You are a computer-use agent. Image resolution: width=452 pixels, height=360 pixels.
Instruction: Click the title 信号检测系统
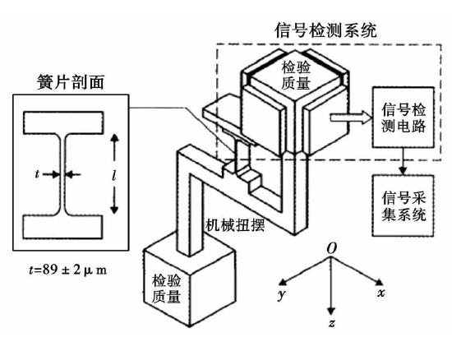click(325, 30)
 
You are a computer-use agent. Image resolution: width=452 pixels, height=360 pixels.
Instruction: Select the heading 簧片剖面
click(71, 82)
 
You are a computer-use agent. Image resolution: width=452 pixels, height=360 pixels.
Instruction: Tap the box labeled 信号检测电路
click(404, 118)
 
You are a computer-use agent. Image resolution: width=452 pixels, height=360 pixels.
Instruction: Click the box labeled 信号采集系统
click(404, 205)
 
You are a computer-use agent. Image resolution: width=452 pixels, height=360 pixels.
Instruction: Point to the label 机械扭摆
click(235, 225)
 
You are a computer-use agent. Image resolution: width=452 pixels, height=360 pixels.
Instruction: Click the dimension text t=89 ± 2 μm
click(68, 270)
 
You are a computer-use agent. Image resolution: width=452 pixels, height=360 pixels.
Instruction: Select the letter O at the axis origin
click(332, 248)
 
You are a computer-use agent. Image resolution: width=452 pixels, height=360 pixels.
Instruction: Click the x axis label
click(381, 293)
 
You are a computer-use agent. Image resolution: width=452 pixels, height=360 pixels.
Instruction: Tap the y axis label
click(282, 294)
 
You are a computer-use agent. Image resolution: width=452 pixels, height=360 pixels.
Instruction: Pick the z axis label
click(332, 323)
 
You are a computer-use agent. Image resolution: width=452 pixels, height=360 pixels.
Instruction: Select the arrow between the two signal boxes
click(403, 161)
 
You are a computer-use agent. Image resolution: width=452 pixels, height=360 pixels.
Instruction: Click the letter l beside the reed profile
click(114, 174)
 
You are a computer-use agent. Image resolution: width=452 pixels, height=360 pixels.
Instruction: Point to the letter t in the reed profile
click(37, 174)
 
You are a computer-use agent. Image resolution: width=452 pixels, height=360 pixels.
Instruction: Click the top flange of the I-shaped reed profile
click(63, 122)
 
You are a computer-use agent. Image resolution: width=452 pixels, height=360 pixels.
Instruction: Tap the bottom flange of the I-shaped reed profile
click(62, 227)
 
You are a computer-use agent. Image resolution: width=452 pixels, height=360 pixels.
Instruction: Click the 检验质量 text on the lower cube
click(166, 288)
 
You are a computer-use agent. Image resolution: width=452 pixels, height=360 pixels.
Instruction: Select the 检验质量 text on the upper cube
click(296, 76)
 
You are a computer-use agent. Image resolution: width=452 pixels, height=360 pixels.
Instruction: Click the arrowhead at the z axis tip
click(331, 312)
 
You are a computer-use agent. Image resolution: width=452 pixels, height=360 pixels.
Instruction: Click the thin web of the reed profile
click(62, 174)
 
